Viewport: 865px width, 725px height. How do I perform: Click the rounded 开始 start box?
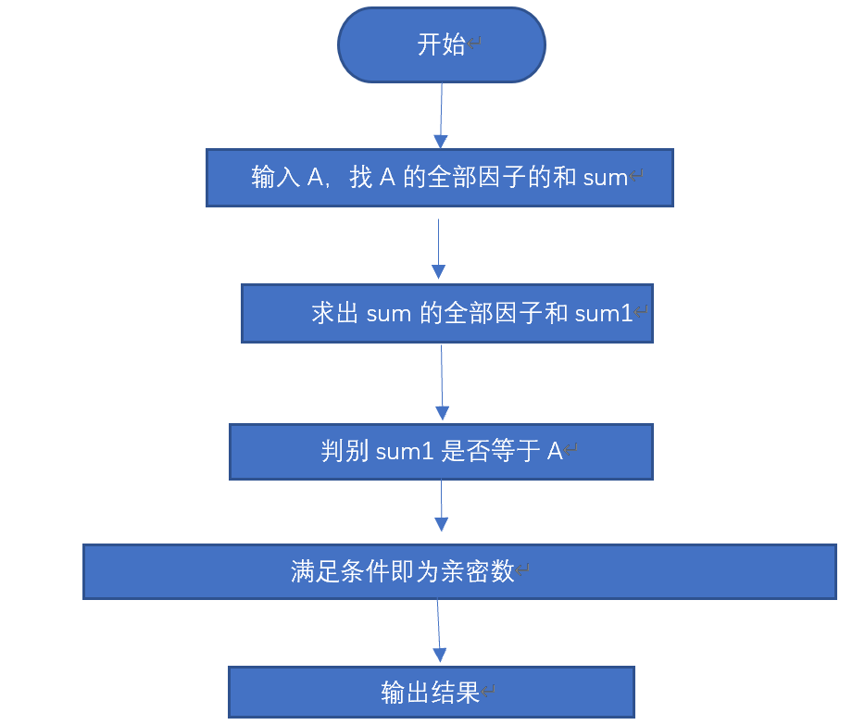[x=441, y=45]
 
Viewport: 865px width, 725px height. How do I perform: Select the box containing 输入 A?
[x=439, y=178]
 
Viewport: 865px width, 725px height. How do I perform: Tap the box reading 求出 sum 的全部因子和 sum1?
[x=446, y=313]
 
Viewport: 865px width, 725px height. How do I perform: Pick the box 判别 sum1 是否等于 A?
[x=441, y=452]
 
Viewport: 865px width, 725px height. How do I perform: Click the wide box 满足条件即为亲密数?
[x=459, y=571]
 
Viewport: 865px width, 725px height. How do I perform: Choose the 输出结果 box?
[x=431, y=692]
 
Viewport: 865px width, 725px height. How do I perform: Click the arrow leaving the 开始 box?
[x=441, y=116]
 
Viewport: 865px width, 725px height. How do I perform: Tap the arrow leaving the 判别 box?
[x=441, y=505]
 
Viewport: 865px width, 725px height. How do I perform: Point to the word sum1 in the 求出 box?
[x=603, y=314]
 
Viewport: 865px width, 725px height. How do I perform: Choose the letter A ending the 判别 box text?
[x=554, y=452]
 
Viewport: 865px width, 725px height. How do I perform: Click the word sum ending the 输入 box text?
[x=606, y=178]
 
